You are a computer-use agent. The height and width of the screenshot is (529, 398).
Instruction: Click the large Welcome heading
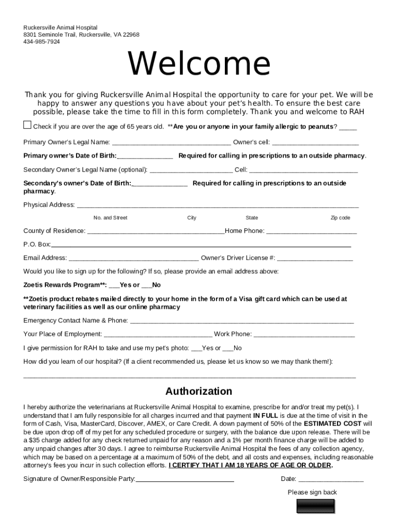tap(199, 64)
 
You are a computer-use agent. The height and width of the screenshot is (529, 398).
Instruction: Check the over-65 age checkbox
tap(27, 125)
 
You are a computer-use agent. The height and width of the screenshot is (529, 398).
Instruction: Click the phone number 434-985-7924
tap(41, 42)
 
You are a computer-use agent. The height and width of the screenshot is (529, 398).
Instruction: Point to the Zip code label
tap(340, 218)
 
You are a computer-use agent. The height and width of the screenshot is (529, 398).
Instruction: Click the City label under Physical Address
tap(192, 218)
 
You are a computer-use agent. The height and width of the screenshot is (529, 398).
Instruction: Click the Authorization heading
tap(199, 391)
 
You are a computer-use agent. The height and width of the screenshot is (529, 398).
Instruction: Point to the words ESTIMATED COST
tap(332, 424)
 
